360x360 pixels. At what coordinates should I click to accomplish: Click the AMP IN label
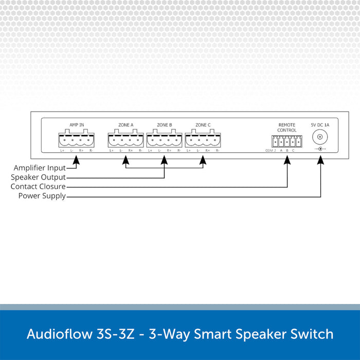(x=77, y=125)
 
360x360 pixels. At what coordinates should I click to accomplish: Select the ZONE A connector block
(x=126, y=139)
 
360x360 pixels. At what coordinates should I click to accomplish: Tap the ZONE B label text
(x=164, y=125)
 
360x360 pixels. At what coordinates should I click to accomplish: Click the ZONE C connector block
(x=203, y=139)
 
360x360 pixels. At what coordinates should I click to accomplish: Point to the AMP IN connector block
(x=77, y=139)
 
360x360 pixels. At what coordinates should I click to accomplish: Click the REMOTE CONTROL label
(x=286, y=128)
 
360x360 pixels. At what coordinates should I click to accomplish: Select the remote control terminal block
(x=286, y=141)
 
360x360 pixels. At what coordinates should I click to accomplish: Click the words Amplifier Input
(x=40, y=168)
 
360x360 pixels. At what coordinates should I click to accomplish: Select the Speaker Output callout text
(x=39, y=177)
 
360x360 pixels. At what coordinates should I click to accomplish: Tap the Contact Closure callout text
(x=38, y=187)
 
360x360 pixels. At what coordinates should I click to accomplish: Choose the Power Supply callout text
(x=42, y=196)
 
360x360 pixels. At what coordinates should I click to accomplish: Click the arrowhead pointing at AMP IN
(x=77, y=160)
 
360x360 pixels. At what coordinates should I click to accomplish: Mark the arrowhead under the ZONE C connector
(x=203, y=160)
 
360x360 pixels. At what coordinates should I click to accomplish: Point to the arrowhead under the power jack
(x=321, y=160)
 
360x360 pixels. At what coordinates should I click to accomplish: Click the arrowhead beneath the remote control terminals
(x=286, y=160)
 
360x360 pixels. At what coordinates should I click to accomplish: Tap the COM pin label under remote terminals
(x=268, y=151)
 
